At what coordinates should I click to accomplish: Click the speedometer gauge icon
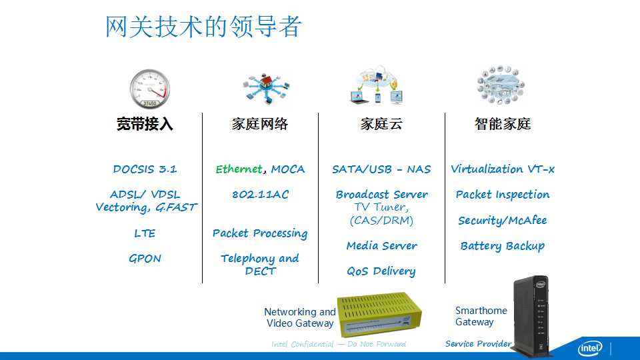tap(150, 89)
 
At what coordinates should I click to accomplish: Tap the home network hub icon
tap(266, 88)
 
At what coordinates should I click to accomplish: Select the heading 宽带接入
tap(145, 124)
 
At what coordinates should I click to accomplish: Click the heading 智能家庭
tap(503, 124)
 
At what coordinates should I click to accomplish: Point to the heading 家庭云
tap(381, 124)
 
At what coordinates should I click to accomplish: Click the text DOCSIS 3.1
tap(145, 169)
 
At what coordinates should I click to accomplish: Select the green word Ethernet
tap(239, 169)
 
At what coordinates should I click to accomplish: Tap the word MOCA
tap(288, 169)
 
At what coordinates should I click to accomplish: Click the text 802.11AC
tap(261, 194)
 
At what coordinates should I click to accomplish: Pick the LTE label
tap(145, 233)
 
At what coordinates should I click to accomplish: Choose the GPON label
tap(145, 259)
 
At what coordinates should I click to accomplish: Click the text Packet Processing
tap(260, 233)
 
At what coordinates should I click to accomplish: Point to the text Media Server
tap(381, 245)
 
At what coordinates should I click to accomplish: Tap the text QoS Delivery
tap(381, 271)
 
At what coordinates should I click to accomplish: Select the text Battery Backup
tap(503, 246)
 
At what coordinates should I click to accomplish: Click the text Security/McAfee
tap(503, 221)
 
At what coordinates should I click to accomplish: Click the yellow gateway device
tap(379, 313)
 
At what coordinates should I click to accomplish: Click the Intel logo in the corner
tap(590, 348)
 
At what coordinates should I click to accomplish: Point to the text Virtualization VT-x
tap(503, 169)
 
